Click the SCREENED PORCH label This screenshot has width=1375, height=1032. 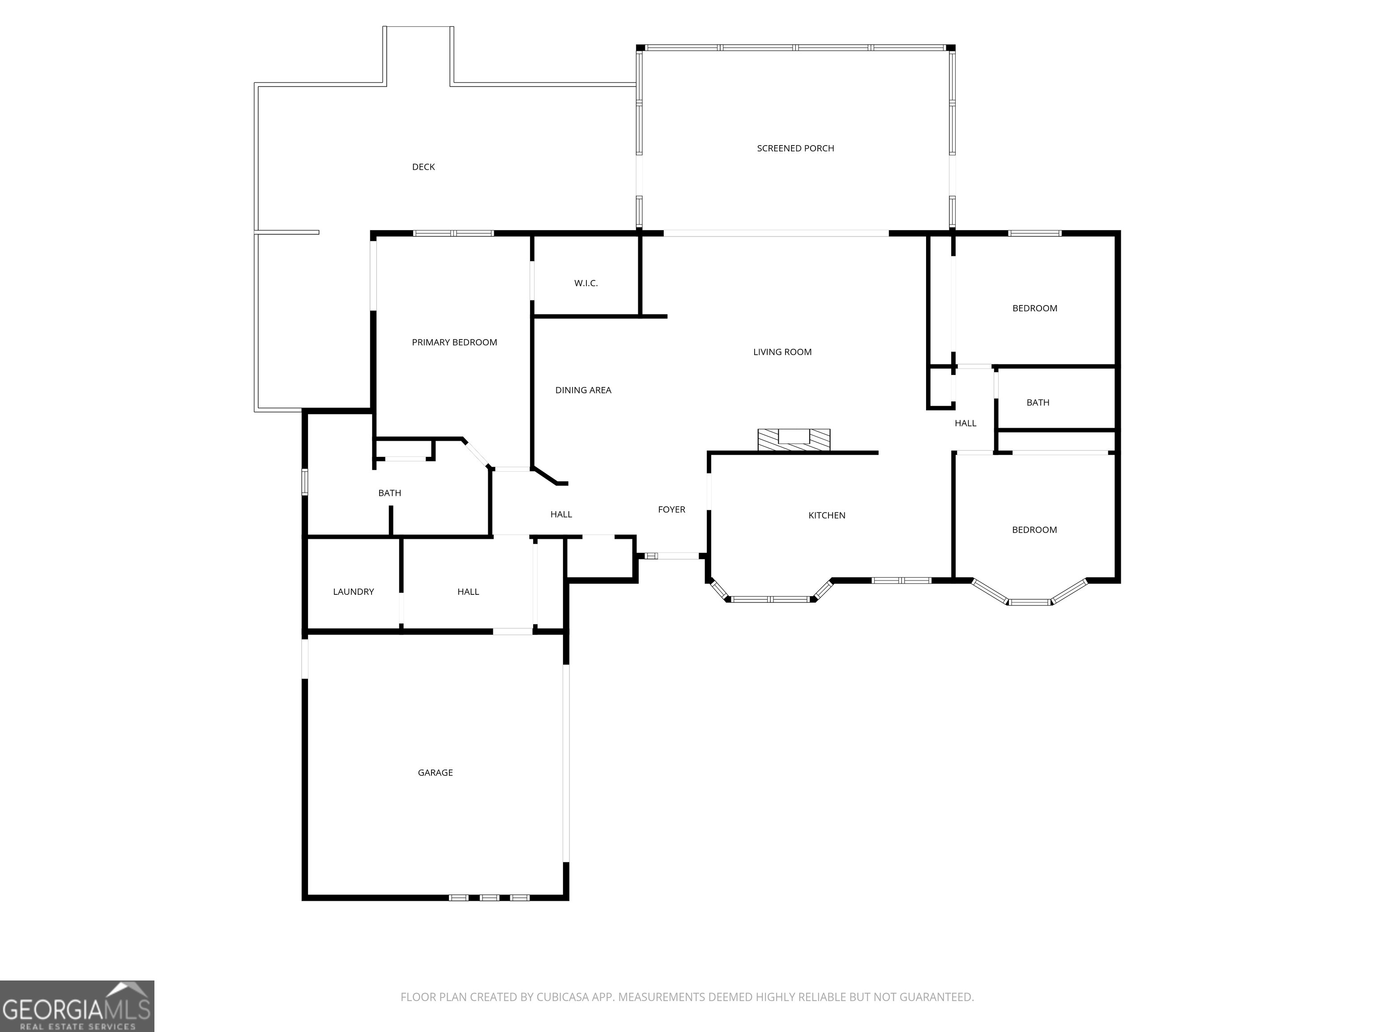(x=795, y=148)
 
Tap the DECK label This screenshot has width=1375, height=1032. (x=423, y=167)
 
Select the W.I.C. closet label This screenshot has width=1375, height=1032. (x=585, y=283)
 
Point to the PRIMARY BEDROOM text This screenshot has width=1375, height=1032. (x=454, y=342)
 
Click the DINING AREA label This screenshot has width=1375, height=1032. (x=583, y=390)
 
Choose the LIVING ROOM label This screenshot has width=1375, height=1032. (x=782, y=352)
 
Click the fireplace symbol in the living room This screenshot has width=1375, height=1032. (x=794, y=440)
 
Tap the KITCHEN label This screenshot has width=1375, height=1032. (x=827, y=515)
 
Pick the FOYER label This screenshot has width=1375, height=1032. (x=671, y=509)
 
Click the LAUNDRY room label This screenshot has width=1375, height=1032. (x=353, y=592)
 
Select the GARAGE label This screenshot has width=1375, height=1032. (x=435, y=773)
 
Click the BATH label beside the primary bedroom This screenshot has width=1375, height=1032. (x=390, y=493)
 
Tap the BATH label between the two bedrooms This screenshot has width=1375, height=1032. (x=1038, y=403)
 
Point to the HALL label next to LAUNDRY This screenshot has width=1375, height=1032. (x=468, y=592)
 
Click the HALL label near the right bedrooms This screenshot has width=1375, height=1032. (x=965, y=423)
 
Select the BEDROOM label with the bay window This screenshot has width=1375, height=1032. (x=1034, y=530)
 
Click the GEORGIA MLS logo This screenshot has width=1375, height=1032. (x=77, y=1006)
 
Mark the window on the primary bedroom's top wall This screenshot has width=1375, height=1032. (x=453, y=233)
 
